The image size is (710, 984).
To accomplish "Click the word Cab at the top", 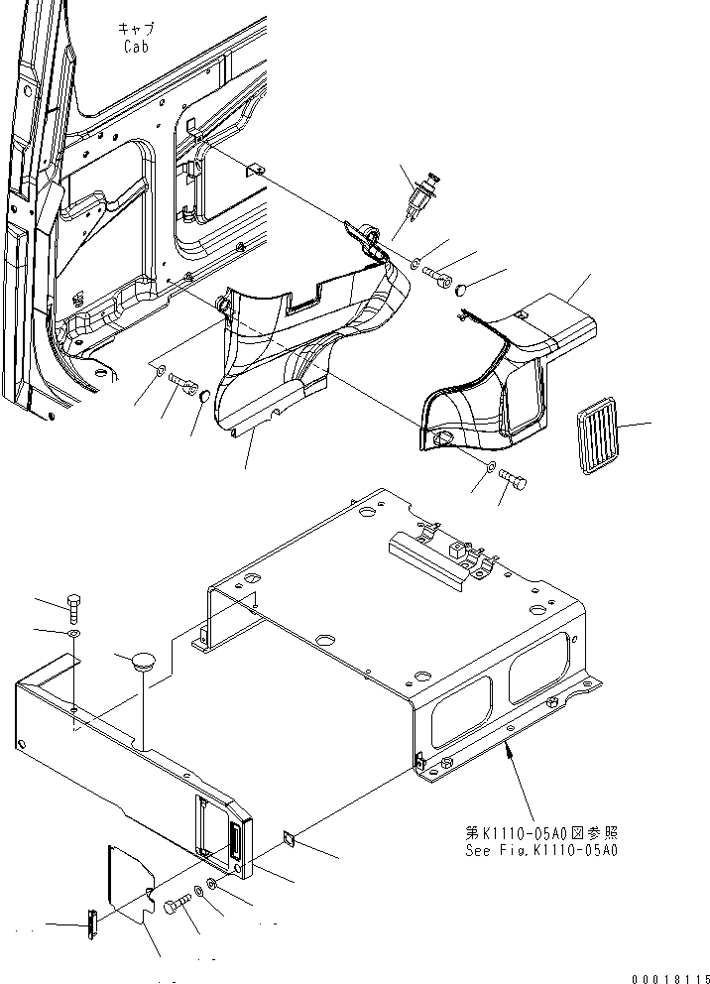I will coord(136,46).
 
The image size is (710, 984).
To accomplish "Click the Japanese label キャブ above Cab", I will coord(136,30).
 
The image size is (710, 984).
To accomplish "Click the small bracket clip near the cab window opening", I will coord(255,168).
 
